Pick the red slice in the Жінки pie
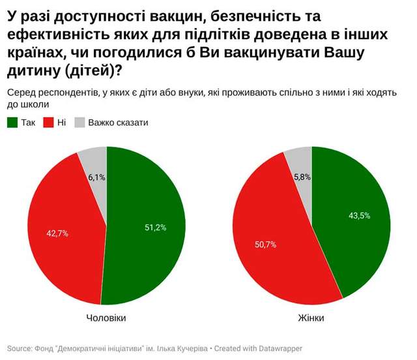pos(267,215)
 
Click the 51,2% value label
pos(155,227)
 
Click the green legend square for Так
pos(12,122)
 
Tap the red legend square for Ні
pos(48,122)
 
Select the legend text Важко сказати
pos(119,122)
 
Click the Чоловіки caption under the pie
pos(106,318)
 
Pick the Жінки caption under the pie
pos(311,318)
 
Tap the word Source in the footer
pos(20,348)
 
